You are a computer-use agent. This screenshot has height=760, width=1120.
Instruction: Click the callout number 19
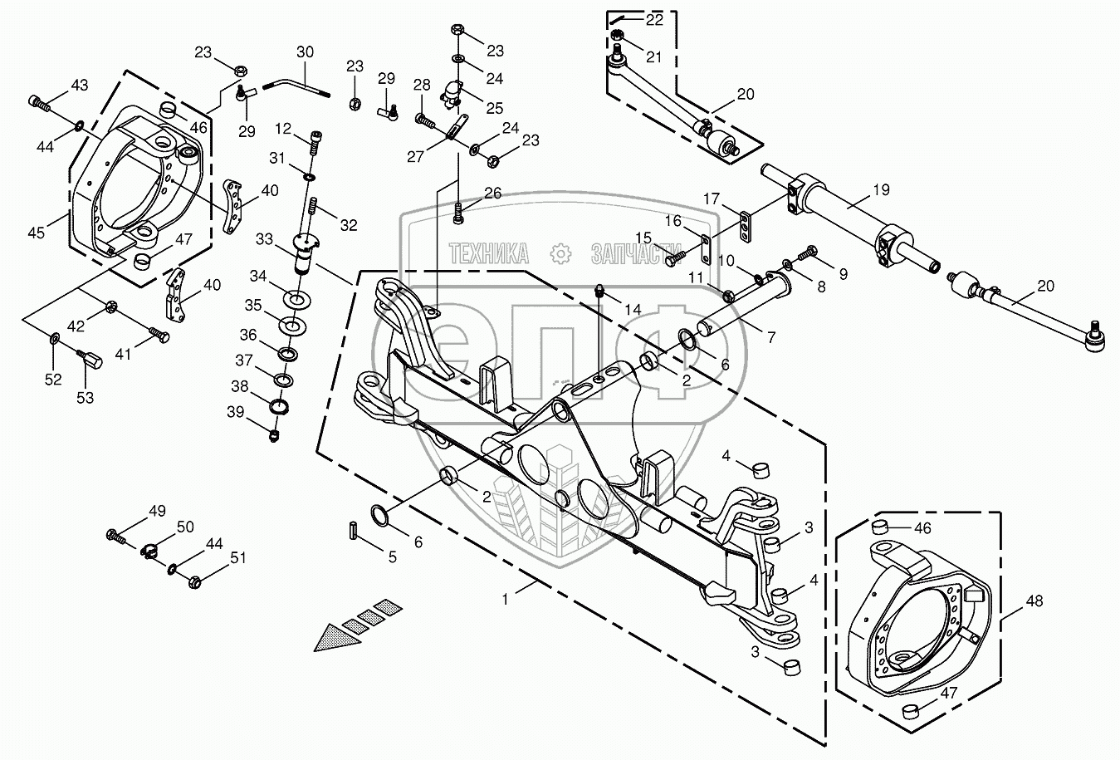[x=882, y=189]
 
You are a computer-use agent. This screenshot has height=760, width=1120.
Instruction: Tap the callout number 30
[x=305, y=52]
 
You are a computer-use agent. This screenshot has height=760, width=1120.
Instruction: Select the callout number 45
[x=36, y=233]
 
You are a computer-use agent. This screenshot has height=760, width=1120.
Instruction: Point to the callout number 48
[x=1034, y=601]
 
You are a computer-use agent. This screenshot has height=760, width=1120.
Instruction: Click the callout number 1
[x=505, y=600]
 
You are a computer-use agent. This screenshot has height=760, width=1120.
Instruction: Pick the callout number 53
[x=85, y=398]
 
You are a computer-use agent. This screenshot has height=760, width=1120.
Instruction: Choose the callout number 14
[x=633, y=310]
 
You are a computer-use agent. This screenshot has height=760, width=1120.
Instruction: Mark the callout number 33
[x=265, y=239]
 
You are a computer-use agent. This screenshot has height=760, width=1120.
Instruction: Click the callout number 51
[x=237, y=557]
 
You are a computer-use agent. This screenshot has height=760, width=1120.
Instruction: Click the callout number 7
[x=771, y=338]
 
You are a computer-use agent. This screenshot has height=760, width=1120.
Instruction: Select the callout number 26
[x=493, y=194]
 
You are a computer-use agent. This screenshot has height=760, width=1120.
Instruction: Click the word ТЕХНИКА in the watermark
[x=488, y=253]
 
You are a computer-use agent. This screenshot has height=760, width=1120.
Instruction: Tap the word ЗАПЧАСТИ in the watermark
[x=637, y=253]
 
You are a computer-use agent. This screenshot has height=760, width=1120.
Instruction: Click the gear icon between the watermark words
[x=560, y=253]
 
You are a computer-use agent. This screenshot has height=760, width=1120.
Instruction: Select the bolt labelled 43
[x=40, y=104]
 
